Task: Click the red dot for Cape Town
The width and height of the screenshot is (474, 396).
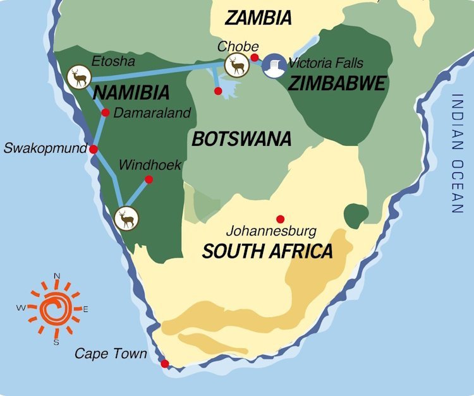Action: coord(165,364)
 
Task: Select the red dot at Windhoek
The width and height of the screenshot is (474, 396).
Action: coord(149,179)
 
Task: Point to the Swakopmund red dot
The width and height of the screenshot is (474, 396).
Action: coord(94,150)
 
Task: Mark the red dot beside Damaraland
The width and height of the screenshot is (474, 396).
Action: coord(105,113)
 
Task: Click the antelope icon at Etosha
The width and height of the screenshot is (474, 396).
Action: coord(78,77)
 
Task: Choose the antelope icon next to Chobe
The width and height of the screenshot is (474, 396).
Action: coord(236,65)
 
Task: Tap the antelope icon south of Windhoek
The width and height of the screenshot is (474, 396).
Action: coord(127,219)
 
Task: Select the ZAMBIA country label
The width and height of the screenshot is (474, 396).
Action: coord(258,18)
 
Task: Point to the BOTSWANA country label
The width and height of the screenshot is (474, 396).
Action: coord(241,138)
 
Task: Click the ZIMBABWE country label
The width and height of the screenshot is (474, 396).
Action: coord(336,83)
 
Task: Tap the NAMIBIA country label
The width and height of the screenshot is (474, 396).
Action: coord(131,93)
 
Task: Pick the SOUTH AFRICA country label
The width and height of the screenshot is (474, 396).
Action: coord(267,251)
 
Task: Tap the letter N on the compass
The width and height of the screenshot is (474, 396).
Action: coord(56,275)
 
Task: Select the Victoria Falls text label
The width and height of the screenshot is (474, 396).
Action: coord(325,63)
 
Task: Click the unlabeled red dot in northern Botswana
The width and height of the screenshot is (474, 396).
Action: coord(218,92)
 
